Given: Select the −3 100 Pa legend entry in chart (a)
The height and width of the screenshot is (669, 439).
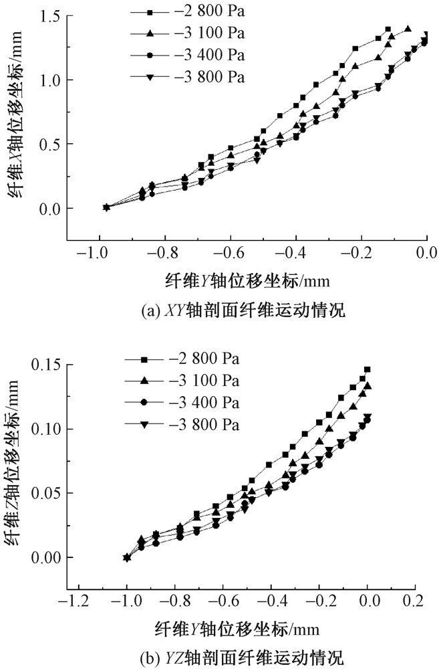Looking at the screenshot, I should [x=188, y=33].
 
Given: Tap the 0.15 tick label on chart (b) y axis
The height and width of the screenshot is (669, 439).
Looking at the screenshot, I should [x=47, y=365].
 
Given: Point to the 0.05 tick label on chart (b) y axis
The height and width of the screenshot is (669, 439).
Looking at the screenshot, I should [x=47, y=493].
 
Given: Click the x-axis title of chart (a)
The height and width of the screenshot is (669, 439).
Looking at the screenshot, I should [x=247, y=280].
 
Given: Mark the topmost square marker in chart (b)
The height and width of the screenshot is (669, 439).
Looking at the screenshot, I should [x=367, y=369].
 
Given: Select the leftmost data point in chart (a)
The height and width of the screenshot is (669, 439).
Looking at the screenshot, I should [x=106, y=207].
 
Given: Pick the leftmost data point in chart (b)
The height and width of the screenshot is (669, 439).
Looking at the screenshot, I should [x=126, y=557].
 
